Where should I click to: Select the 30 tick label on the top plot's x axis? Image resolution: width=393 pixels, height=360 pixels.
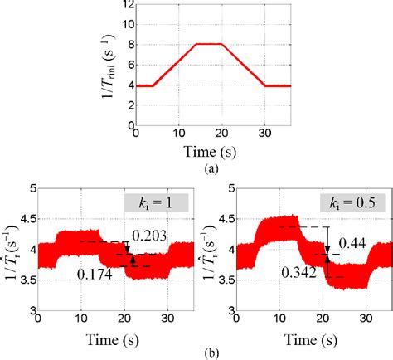click(264, 135)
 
